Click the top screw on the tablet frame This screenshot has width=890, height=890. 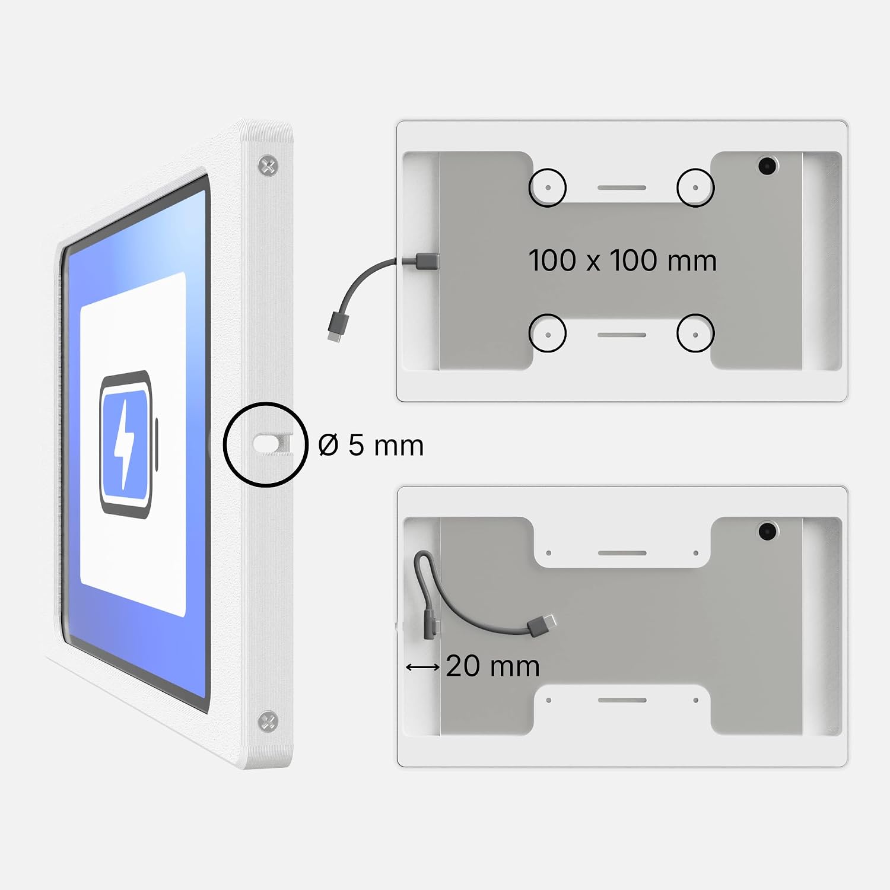[269, 166]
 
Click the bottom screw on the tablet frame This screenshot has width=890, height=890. [268, 721]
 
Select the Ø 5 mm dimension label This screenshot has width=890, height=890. [371, 445]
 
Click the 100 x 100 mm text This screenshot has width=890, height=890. [622, 260]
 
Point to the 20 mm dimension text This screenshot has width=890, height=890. [492, 666]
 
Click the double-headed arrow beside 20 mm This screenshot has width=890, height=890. [422, 667]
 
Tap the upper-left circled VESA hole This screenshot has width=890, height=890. [548, 187]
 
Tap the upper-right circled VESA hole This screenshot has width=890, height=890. [695, 187]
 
